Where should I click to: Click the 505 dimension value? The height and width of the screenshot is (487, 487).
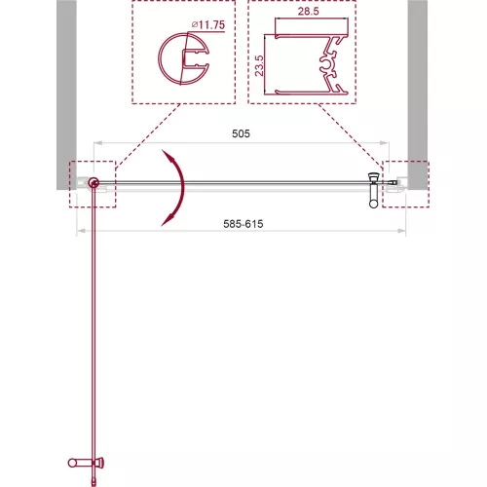click(241, 133)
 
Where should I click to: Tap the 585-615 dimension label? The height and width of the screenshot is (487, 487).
click(243, 224)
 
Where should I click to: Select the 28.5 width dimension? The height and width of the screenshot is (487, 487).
click(309, 12)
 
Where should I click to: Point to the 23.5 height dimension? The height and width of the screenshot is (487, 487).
click(259, 66)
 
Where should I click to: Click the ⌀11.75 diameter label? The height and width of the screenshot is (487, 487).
click(208, 25)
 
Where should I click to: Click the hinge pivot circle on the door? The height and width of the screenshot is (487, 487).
click(94, 183)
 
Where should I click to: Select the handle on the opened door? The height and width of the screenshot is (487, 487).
click(86, 463)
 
